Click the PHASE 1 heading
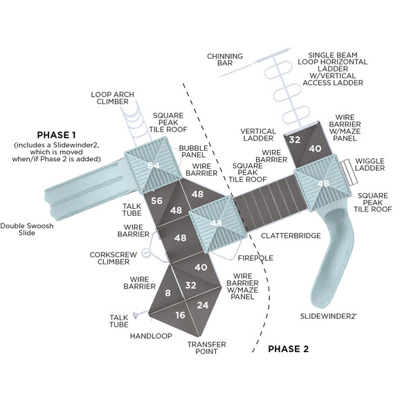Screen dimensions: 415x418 point(56,134)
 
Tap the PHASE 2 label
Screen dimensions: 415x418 point(288,349)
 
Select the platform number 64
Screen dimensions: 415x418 point(153,165)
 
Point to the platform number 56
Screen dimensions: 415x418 point(156,201)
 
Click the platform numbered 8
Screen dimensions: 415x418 point(167,293)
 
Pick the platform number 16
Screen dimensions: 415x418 point(180,315)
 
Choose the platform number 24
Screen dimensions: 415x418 point(202,305)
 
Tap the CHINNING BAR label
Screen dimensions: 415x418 point(225,60)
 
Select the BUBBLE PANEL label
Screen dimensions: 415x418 point(194,152)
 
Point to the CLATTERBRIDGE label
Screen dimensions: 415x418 point(291,236)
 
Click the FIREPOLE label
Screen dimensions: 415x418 point(255,258)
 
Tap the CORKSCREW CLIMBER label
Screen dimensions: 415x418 point(113,258)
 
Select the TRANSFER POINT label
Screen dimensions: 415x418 point(202,347)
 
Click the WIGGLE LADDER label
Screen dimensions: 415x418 point(370,165)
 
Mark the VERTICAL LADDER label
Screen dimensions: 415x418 point(258,135)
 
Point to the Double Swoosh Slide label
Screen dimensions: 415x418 point(27,229)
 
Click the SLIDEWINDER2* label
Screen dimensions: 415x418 point(328,315)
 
